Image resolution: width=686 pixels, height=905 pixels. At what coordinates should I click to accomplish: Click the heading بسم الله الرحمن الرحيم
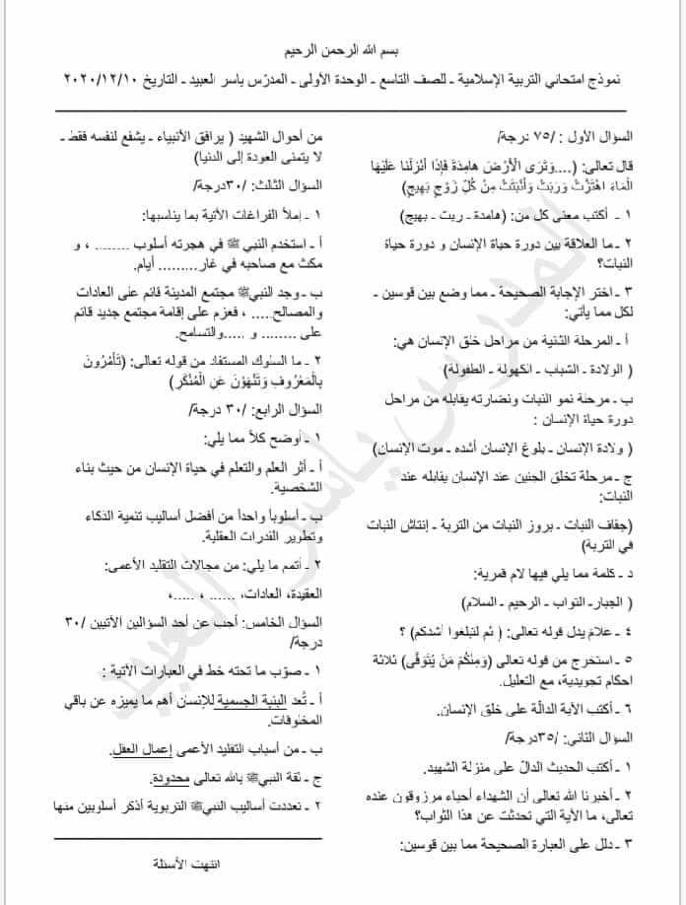coord(343,48)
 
